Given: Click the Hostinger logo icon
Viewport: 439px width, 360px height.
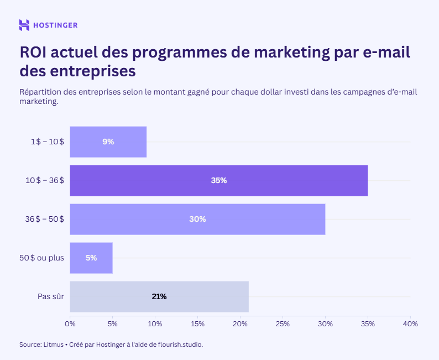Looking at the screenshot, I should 24,25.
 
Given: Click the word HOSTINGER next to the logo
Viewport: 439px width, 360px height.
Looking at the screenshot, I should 55,25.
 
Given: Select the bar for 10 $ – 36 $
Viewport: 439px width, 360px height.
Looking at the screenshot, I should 218,180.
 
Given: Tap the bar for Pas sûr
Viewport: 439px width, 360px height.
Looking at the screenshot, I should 159,296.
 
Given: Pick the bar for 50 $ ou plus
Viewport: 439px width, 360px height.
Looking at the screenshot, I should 91,258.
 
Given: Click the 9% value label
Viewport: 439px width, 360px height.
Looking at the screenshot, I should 108,142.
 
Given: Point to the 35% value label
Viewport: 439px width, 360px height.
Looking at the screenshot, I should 219,180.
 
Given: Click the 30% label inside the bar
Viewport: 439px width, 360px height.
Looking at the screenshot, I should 197,219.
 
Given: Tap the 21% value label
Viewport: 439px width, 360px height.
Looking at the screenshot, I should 159,296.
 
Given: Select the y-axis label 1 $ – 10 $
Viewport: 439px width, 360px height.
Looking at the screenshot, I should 47,142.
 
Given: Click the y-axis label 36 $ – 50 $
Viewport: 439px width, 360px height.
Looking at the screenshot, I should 45,219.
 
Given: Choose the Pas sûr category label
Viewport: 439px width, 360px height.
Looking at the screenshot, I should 51,296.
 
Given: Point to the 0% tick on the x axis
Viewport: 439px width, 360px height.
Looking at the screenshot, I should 70,324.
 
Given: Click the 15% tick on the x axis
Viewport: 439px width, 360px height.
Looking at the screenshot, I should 197,324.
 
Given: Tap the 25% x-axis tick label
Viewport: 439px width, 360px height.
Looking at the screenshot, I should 283,324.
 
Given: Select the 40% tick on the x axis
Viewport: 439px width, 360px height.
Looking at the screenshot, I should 410,324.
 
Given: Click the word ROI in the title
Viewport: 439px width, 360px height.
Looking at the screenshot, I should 34,53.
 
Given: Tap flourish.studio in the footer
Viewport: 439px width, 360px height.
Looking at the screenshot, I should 180,345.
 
